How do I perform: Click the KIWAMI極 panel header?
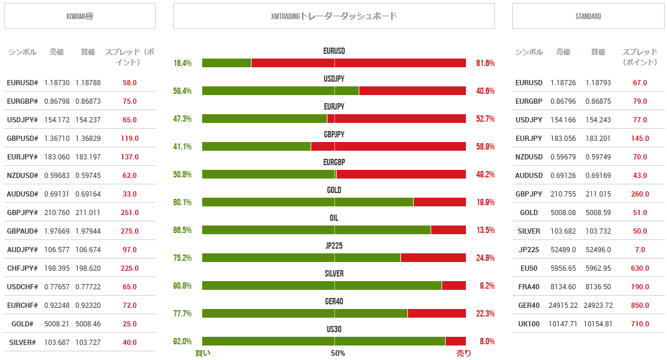tap(80, 16)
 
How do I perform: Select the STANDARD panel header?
tap(588, 16)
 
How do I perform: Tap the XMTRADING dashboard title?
tap(334, 16)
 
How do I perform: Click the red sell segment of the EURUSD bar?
tap(358, 63)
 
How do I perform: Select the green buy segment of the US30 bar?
tap(323, 341)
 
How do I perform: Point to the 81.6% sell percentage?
tap(485, 63)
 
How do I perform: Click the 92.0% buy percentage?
tap(183, 341)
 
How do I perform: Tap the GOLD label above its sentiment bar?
tap(334, 190)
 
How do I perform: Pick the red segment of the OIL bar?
tap(448, 230)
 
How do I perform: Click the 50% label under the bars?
tap(338, 353)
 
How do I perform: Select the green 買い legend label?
tap(203, 353)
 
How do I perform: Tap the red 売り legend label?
tap(464, 353)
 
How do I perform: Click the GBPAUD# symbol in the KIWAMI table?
tap(23, 231)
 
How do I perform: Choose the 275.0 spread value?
tap(130, 231)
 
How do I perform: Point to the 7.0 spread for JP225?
tap(640, 250)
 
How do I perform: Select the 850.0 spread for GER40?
tap(640, 306)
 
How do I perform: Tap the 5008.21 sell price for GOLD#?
tap(57, 324)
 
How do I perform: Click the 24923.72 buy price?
tap(598, 306)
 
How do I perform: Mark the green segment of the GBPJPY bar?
tap(256, 147)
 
